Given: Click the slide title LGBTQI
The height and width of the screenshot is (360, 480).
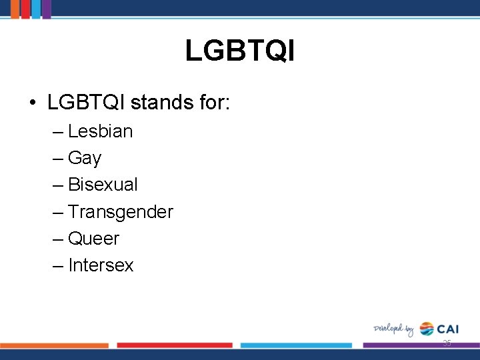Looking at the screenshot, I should [239, 51].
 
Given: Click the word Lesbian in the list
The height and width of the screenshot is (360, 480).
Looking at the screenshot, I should [100, 131].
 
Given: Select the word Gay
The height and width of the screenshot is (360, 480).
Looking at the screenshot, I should [85, 158].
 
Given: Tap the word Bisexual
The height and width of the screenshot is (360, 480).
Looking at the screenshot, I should [103, 185].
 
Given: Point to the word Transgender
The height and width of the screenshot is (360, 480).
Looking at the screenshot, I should [120, 212].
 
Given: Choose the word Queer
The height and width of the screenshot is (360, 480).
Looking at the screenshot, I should [93, 239].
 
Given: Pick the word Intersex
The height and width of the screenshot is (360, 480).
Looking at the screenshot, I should [101, 265].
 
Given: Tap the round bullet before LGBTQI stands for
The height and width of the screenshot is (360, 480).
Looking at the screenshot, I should [32, 103].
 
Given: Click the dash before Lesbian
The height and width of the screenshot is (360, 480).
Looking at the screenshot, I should [57, 132].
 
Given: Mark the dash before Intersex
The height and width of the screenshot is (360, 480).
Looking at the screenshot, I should [57, 266].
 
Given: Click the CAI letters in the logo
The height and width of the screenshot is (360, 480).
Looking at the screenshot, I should [448, 329].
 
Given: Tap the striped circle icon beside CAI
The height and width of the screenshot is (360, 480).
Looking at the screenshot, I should [426, 329].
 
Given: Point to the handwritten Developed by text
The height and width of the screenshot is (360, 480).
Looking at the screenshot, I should [393, 329].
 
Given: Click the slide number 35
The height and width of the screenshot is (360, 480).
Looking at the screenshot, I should [447, 343].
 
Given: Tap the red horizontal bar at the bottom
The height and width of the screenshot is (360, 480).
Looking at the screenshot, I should [175, 345].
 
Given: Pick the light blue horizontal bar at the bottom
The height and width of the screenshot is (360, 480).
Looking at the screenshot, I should [295, 345].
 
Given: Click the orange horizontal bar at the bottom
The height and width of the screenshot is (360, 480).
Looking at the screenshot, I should [54, 345].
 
